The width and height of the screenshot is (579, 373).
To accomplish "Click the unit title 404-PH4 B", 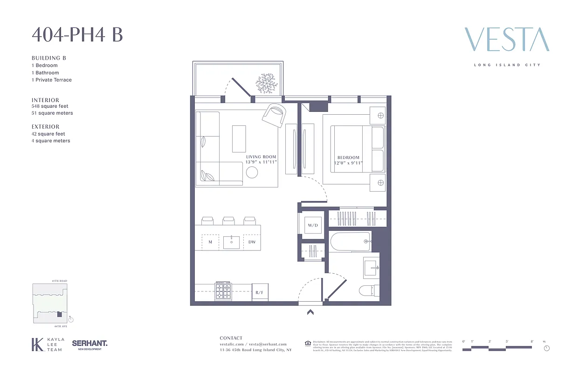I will (77, 35).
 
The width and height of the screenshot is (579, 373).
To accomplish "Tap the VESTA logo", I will (507, 40).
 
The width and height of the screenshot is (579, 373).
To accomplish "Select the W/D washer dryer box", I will (312, 226).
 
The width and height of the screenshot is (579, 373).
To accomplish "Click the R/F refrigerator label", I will (260, 293).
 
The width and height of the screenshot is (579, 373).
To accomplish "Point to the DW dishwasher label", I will (252, 242).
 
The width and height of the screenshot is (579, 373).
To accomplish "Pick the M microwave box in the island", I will (210, 242).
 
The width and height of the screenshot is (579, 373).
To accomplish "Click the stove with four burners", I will (223, 292).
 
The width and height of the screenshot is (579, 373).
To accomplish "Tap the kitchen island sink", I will (231, 242).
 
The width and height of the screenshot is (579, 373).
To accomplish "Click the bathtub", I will (350, 242).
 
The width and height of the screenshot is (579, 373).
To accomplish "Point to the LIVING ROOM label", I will (261, 157).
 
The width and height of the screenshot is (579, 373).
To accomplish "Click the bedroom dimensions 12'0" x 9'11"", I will (348, 163).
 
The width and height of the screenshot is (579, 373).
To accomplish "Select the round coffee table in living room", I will (252, 173).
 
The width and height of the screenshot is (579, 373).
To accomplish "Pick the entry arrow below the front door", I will (310, 312).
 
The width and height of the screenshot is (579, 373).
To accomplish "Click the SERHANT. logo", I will (90, 344).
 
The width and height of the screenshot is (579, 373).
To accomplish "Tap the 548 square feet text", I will (50, 106).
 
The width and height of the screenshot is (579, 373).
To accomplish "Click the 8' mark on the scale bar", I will (531, 342).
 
